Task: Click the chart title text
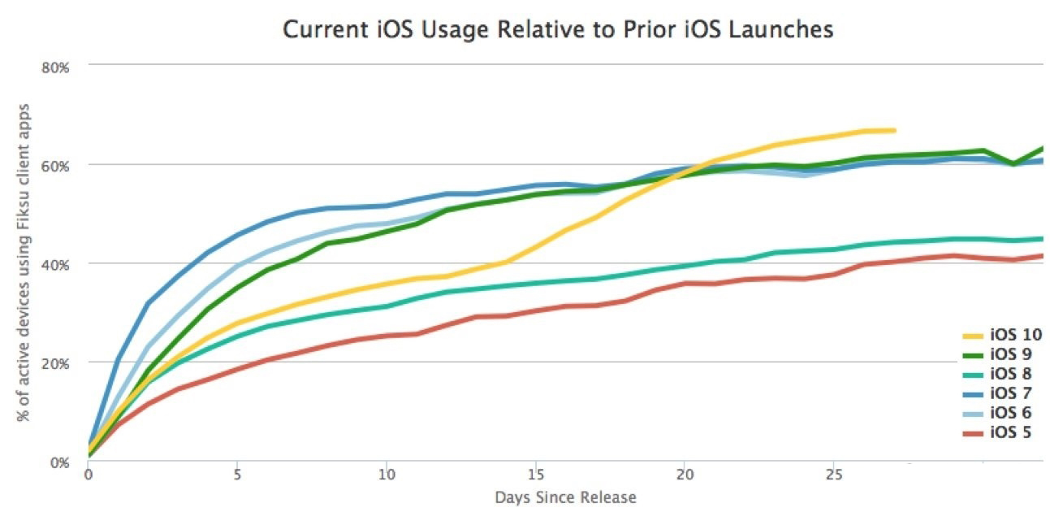(x=558, y=29)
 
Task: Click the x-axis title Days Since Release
(x=565, y=497)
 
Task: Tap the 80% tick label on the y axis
(x=56, y=67)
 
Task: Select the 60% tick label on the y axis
(x=56, y=166)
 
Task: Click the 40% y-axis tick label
(x=56, y=265)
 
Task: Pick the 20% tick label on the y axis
(x=56, y=363)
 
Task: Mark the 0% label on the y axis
(x=59, y=462)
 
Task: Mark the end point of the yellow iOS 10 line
(x=894, y=130)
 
